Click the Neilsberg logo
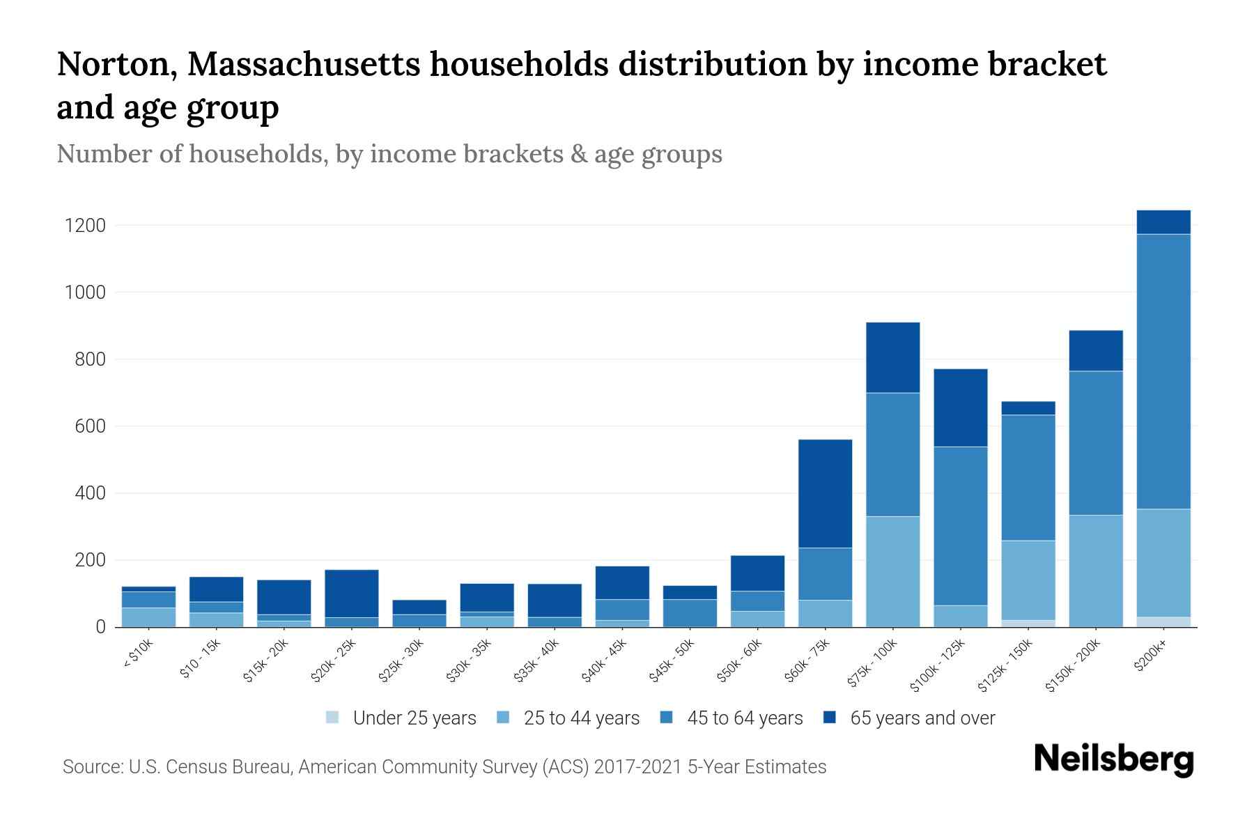click(x=1113, y=759)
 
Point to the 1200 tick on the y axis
click(x=85, y=226)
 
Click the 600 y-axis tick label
click(x=90, y=426)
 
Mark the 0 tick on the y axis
click(x=100, y=627)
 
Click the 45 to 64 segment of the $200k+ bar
click(x=1163, y=371)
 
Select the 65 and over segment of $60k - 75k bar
click(x=825, y=493)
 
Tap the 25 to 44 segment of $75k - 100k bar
click(x=892, y=571)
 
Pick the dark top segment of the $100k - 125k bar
click(x=960, y=408)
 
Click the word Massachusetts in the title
click(x=304, y=65)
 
